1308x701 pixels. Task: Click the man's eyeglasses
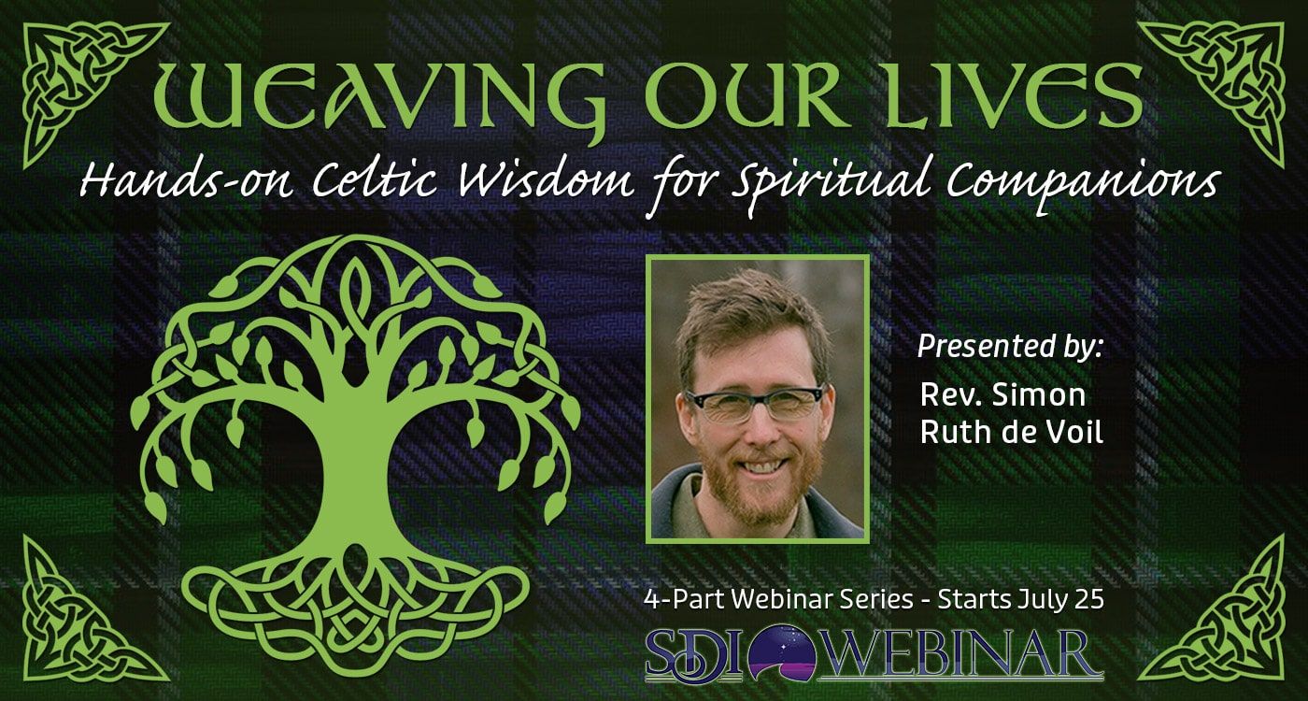pyautogui.click(x=757, y=404)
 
